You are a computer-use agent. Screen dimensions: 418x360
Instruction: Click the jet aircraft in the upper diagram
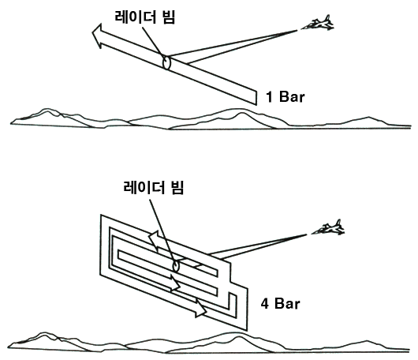(x=318, y=23)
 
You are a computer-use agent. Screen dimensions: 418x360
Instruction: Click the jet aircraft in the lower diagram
(x=328, y=228)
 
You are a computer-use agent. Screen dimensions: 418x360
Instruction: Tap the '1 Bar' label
(x=285, y=96)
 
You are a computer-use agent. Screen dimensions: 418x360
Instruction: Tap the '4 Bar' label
(x=280, y=303)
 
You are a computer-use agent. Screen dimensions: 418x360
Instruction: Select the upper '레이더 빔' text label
(x=145, y=17)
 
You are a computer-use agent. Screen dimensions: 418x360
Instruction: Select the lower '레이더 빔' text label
(x=154, y=187)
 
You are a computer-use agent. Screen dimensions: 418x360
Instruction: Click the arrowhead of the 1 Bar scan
(x=97, y=36)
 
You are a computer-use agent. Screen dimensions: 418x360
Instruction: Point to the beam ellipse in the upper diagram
(x=166, y=62)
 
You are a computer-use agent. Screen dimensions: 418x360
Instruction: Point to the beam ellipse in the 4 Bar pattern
(x=175, y=265)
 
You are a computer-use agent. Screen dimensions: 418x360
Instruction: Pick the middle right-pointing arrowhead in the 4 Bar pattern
(x=176, y=283)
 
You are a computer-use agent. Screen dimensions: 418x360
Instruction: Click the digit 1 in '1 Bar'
(x=269, y=96)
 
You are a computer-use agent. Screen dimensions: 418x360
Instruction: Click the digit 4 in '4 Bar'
(x=265, y=304)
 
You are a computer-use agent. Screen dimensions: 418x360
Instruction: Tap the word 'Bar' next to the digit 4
(x=287, y=303)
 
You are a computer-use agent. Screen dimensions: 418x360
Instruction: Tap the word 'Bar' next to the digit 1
(x=292, y=96)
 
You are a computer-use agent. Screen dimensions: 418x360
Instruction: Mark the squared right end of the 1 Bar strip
(x=256, y=97)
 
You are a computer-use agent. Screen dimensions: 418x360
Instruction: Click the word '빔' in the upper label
(x=169, y=17)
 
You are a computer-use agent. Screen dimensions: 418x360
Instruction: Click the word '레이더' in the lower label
(x=144, y=187)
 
